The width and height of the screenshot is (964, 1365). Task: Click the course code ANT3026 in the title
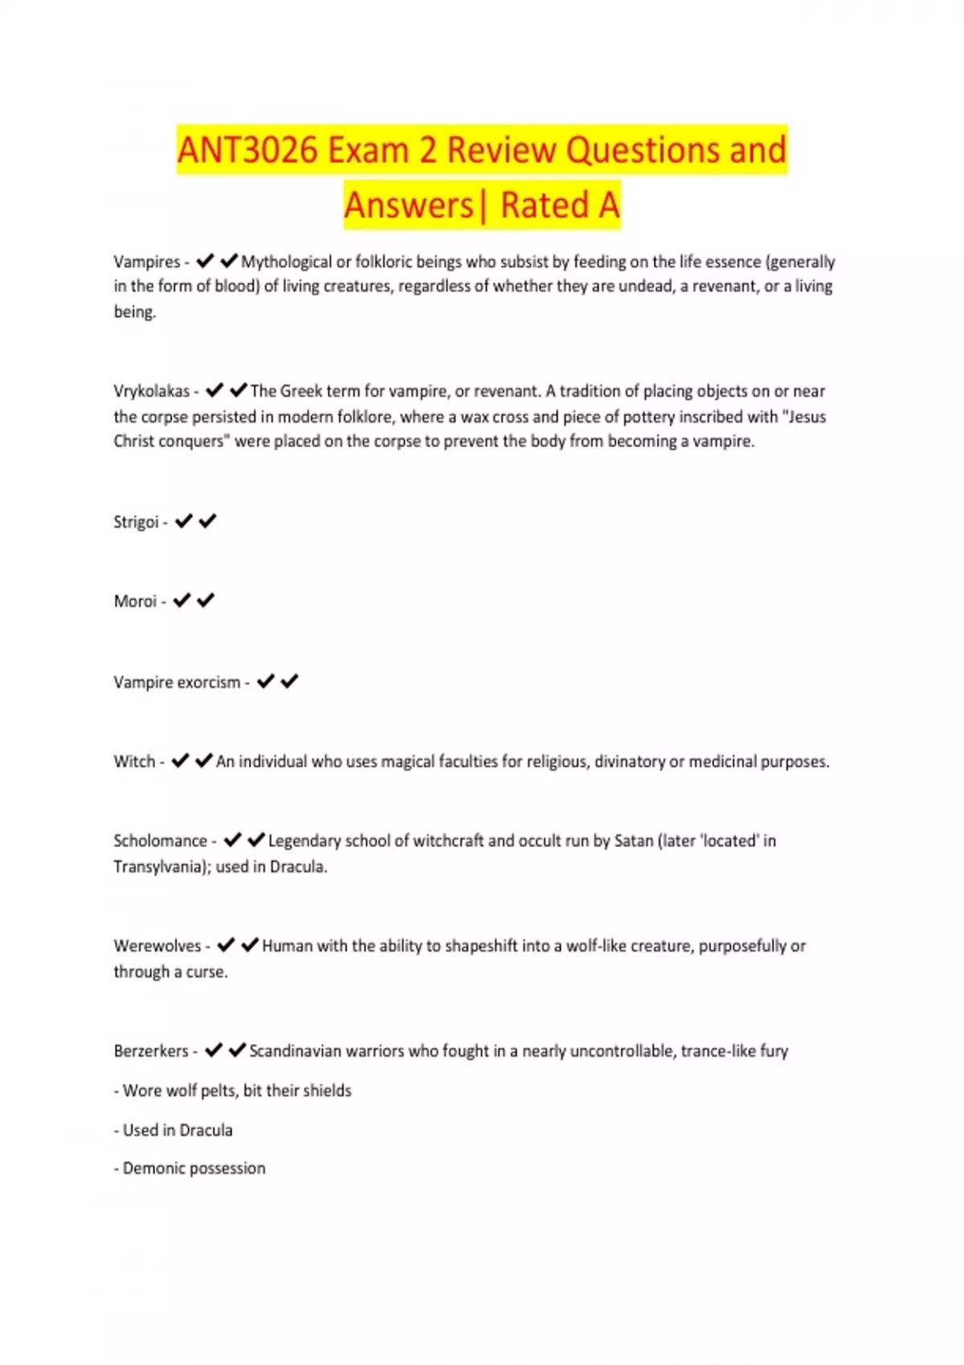pos(247,150)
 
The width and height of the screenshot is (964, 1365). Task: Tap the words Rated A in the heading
pos(560,205)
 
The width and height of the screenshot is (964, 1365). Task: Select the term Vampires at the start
pos(147,262)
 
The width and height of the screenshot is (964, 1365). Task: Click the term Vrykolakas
pos(152,391)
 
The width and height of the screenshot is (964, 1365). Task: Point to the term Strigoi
pos(137,522)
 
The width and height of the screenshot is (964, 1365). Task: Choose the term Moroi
pos(135,601)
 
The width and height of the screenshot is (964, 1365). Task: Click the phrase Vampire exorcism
pos(177,682)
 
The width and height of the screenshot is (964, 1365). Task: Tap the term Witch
pos(134,761)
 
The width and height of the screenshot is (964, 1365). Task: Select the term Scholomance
pos(161,841)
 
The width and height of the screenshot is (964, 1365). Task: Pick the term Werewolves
pos(157,946)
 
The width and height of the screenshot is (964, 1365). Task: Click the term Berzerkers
pos(151,1051)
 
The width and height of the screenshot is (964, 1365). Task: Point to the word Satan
pos(634,841)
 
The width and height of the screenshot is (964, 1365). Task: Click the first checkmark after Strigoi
pos(184,521)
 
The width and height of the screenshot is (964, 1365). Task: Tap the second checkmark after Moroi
pos(206,601)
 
